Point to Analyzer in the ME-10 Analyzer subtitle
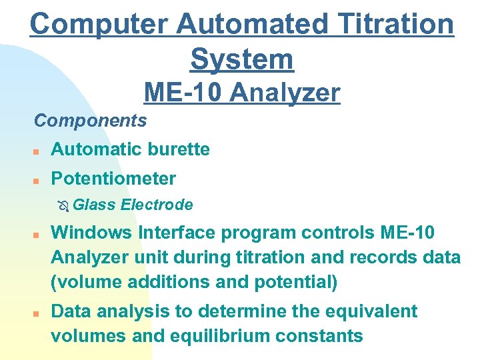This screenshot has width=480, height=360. point(285,93)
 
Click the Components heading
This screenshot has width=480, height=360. point(91,121)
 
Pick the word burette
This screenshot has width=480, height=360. point(179,149)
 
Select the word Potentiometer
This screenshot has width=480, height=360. point(113,179)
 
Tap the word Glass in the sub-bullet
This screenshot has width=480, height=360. point(93,205)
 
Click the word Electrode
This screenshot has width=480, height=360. point(157,205)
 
